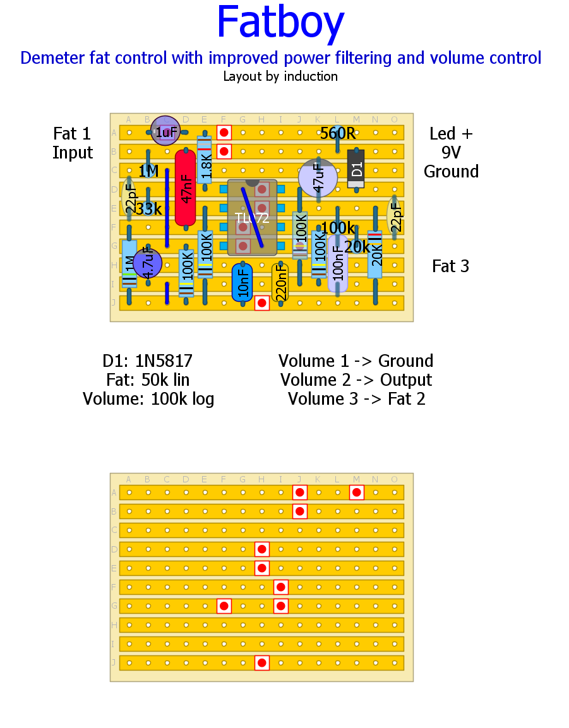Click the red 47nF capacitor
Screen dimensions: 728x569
(x=185, y=188)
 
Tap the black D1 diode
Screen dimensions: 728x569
(x=356, y=169)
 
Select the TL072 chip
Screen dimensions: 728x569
(x=252, y=217)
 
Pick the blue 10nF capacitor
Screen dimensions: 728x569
(x=242, y=282)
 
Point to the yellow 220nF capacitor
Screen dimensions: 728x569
(x=280, y=282)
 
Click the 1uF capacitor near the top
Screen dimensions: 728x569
(x=165, y=131)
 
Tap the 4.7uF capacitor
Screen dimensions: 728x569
(x=148, y=263)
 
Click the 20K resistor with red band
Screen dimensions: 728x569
(x=375, y=254)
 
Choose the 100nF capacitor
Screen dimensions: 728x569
(x=338, y=263)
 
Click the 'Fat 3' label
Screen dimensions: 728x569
(x=450, y=266)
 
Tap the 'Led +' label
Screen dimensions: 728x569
(x=451, y=134)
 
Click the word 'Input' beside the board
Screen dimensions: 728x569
(x=73, y=153)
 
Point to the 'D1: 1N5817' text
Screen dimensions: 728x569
(x=148, y=361)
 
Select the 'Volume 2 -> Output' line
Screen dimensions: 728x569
(x=356, y=380)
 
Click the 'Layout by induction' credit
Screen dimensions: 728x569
(x=280, y=76)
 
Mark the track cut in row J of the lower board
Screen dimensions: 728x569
(x=261, y=663)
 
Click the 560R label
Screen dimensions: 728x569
(x=338, y=134)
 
